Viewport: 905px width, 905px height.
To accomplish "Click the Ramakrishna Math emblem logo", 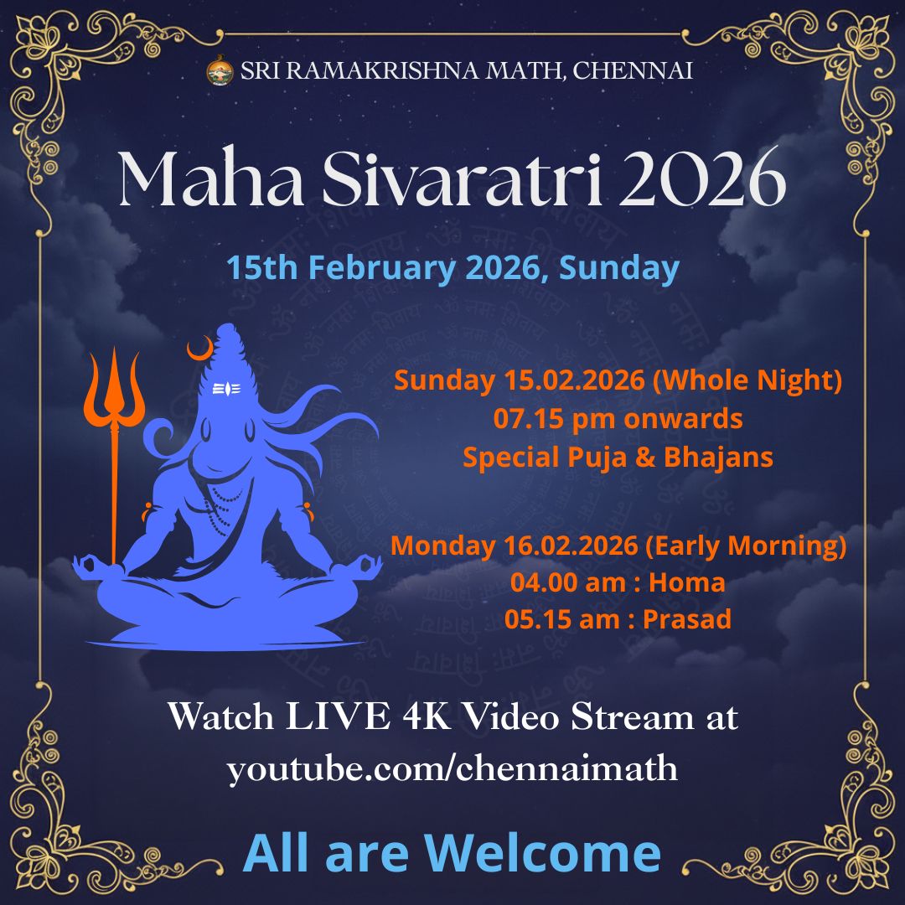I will (x=220, y=70).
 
